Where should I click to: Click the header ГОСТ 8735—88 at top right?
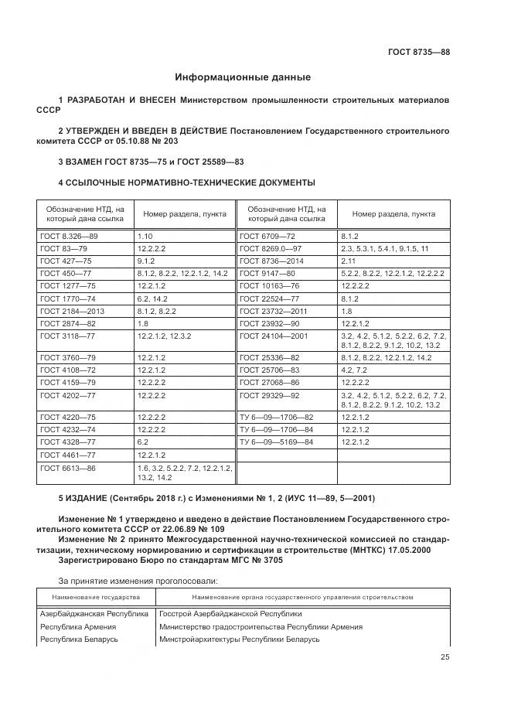point(418,52)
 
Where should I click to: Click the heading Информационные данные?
point(243,77)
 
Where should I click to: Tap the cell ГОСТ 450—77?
point(66,273)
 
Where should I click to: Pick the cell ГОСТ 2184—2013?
point(72,311)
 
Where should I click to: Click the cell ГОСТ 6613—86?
point(68,469)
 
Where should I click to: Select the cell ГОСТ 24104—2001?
point(274,336)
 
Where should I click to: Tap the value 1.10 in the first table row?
point(145,235)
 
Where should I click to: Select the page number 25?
point(445,657)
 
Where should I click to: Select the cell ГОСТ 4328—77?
point(68,442)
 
